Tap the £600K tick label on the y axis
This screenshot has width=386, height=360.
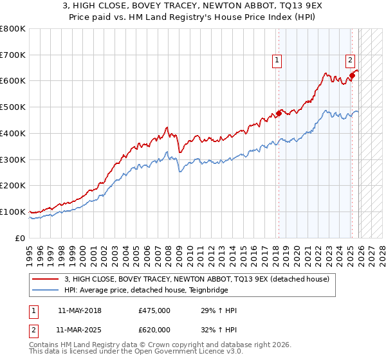[13, 81]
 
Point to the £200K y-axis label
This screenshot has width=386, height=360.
[13, 186]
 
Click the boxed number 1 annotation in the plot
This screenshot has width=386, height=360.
[277, 61]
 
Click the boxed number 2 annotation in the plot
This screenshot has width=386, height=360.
[351, 61]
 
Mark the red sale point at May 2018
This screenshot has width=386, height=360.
[279, 114]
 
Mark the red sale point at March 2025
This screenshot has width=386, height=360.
[353, 76]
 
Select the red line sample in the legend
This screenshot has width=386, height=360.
[47, 279]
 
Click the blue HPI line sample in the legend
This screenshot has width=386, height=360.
[47, 290]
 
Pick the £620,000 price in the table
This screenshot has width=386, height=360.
[154, 330]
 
